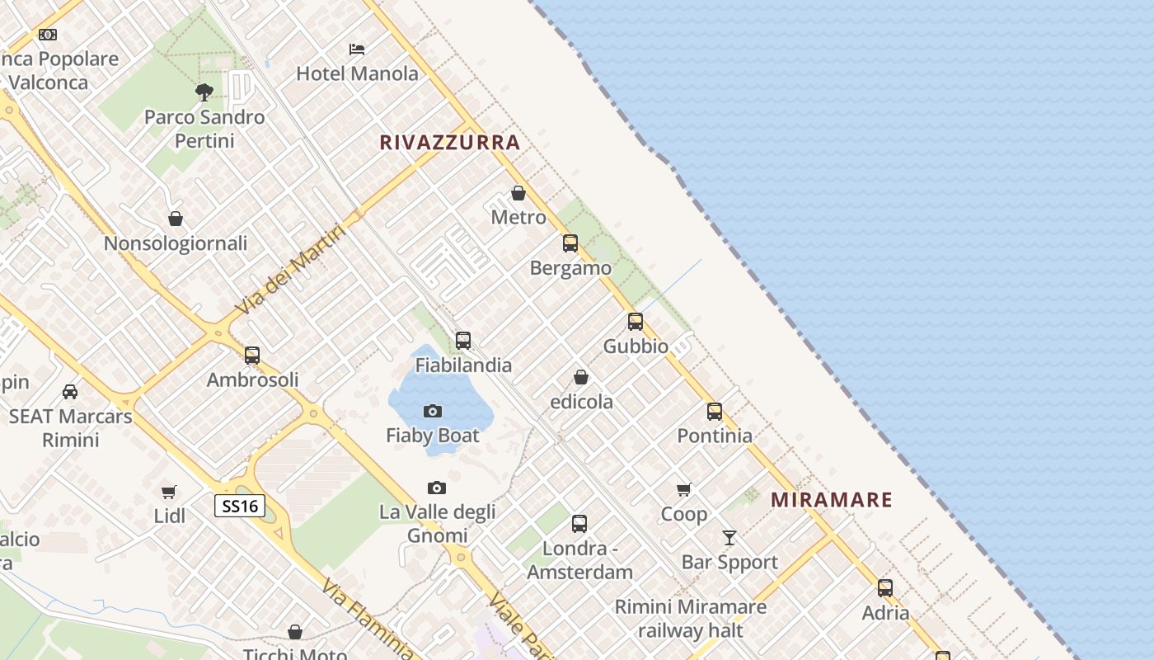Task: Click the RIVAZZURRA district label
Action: click(450, 143)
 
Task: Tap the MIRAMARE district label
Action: click(832, 500)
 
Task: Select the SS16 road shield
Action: click(240, 506)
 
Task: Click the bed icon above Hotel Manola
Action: click(357, 49)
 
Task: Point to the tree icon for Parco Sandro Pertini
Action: click(204, 92)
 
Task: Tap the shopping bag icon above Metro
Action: click(518, 193)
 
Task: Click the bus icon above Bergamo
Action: click(570, 243)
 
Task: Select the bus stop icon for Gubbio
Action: click(636, 322)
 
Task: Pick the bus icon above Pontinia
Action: click(715, 411)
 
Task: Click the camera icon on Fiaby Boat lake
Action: click(433, 411)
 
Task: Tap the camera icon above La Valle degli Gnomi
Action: click(437, 488)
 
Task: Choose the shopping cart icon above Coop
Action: click(683, 490)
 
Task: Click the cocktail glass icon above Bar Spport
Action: click(729, 538)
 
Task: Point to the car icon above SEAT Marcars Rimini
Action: click(70, 392)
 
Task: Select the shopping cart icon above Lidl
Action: click(169, 493)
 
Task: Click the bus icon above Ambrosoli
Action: click(252, 356)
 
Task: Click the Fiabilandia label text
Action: click(463, 365)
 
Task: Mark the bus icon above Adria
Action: click(885, 588)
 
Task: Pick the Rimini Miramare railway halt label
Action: click(691, 619)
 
